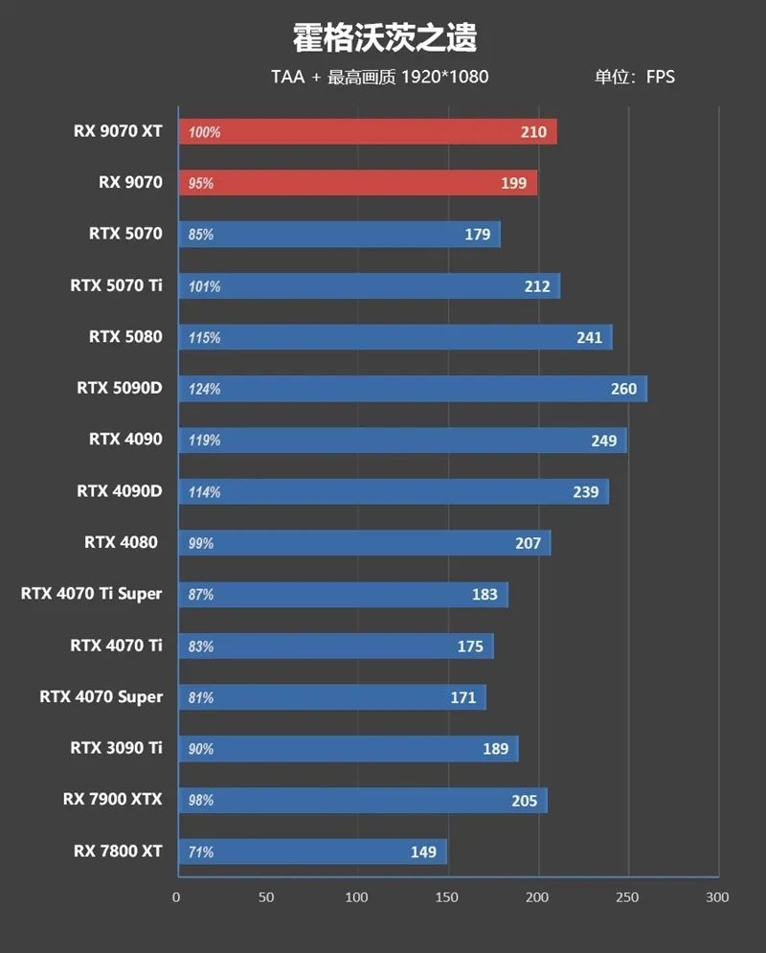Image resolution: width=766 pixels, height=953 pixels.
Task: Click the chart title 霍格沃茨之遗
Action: pyautogui.click(x=384, y=38)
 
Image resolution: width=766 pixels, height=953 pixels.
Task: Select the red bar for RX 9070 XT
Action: pyautogui.click(x=367, y=131)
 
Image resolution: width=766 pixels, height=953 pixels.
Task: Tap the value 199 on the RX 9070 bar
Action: pyautogui.click(x=513, y=183)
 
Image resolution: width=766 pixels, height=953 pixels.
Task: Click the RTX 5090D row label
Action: pyautogui.click(x=120, y=388)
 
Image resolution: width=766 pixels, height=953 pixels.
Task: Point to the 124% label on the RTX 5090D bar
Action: pyautogui.click(x=204, y=389)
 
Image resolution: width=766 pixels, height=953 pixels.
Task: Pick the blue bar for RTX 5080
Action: pyautogui.click(x=394, y=337)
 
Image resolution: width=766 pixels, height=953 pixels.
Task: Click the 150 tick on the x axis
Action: pyautogui.click(x=447, y=897)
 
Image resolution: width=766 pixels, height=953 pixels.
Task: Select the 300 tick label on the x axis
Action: pyautogui.click(x=717, y=897)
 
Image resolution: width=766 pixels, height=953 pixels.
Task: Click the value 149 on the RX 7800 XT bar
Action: pyautogui.click(x=422, y=851)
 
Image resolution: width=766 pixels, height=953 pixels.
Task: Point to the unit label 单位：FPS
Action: pyautogui.click(x=634, y=77)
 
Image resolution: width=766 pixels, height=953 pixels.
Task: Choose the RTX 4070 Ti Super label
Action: pyautogui.click(x=92, y=594)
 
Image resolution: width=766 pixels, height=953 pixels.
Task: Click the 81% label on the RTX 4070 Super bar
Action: pyautogui.click(x=201, y=697)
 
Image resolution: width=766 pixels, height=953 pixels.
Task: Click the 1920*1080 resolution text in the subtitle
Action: pyautogui.click(x=445, y=77)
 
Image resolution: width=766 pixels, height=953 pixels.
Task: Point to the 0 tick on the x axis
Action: pyautogui.click(x=176, y=897)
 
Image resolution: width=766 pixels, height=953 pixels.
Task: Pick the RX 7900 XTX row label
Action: pyautogui.click(x=113, y=799)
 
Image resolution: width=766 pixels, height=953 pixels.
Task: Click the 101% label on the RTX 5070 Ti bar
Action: pyautogui.click(x=204, y=286)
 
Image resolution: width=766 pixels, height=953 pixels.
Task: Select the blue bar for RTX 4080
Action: pyautogui.click(x=364, y=543)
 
